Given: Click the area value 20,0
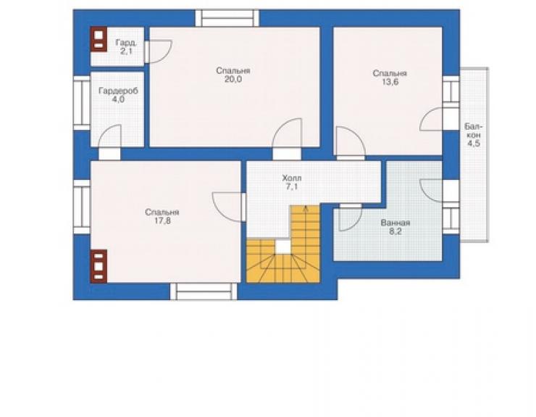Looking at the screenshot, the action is (x=233, y=80).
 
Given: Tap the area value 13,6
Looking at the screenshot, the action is (x=390, y=83).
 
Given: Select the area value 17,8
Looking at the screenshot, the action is (x=162, y=221).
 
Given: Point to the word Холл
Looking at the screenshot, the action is (x=292, y=178).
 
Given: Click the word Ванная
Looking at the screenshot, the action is (x=395, y=223).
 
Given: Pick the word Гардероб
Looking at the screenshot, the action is (x=118, y=91).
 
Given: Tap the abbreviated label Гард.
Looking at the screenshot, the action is (x=126, y=43).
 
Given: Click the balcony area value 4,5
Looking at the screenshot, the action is (x=474, y=144).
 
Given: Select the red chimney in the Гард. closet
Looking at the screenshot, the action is (x=99, y=39).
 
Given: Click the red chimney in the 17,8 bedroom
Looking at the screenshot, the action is (x=99, y=266).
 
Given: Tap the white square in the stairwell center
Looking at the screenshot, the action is (x=282, y=247).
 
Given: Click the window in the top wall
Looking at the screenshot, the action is (x=227, y=18).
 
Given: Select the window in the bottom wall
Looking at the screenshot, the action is (x=204, y=292).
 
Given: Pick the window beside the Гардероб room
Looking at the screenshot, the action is (x=82, y=103).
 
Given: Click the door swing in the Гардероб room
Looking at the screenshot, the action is (x=109, y=136).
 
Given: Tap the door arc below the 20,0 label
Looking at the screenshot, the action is (x=287, y=133).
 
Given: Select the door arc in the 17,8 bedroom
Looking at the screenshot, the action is (x=227, y=207).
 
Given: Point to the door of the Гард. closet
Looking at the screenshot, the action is (x=158, y=51).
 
